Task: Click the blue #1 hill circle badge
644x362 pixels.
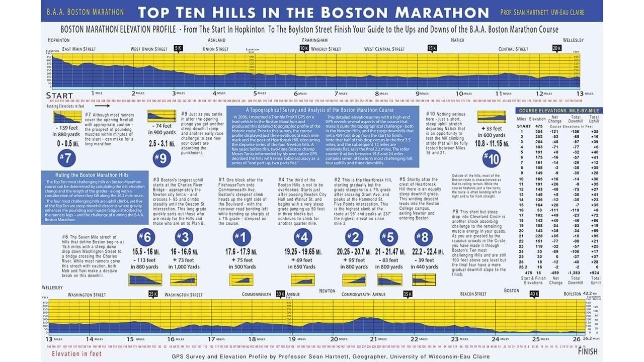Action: pos(242,237)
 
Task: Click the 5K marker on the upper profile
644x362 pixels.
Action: pos(178,48)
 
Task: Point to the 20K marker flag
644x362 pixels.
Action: pos(557,48)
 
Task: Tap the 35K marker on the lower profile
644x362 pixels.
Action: pos(408,294)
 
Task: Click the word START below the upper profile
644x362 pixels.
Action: pos(59,96)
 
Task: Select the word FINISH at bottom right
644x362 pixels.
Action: pos(588,352)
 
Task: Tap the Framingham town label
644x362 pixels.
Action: pos(314,40)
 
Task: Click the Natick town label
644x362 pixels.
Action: pos(457,40)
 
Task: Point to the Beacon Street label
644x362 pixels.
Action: pos(473,294)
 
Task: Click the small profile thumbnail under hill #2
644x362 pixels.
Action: pos(354,280)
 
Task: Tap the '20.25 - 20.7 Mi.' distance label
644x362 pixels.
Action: pos(354,251)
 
